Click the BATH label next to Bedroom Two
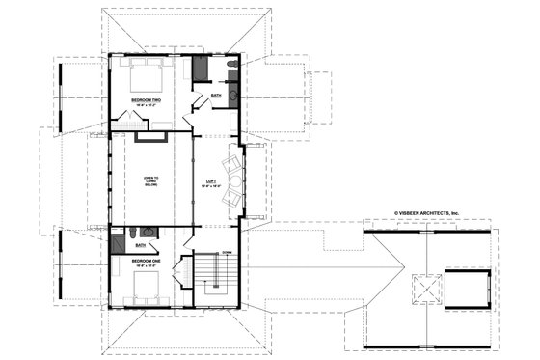[216, 95]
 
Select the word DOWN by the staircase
[228, 253]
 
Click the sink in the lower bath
[147, 233]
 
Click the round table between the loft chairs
[232, 179]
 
